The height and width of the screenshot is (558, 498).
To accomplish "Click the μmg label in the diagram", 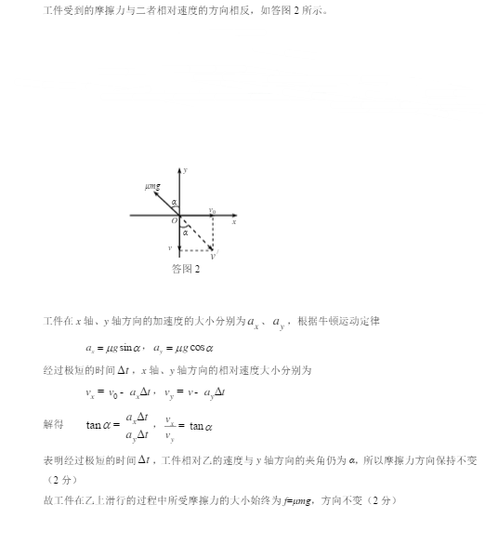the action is [x=152, y=187].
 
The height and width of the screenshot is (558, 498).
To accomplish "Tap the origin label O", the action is [x=174, y=221].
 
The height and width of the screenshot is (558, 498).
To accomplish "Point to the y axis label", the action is [x=187, y=170].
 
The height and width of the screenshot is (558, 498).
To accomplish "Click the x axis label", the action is [x=234, y=221].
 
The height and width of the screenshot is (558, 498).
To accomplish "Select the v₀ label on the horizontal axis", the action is [x=213, y=210].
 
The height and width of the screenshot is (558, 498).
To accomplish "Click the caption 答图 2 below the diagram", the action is [x=186, y=269].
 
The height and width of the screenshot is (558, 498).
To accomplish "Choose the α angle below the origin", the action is [x=185, y=232].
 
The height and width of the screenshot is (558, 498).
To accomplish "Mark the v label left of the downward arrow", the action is [x=169, y=248].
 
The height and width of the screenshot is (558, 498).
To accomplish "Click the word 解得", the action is [x=54, y=424].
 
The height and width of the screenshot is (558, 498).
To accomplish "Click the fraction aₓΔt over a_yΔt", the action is [x=137, y=426].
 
